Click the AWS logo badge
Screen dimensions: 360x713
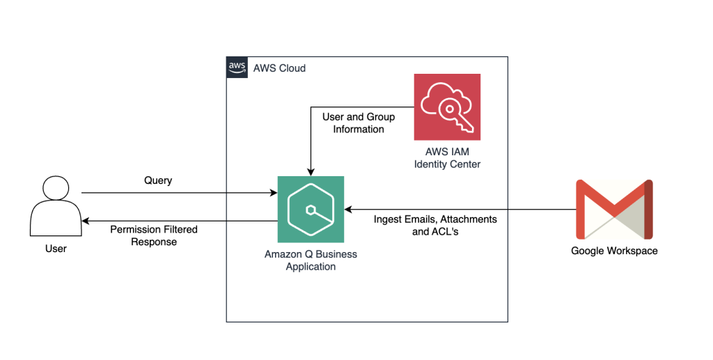coord(237,67)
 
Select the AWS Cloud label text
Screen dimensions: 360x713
coord(279,68)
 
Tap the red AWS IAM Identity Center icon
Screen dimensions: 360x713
coord(447,107)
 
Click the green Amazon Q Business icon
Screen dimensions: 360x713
coord(311,209)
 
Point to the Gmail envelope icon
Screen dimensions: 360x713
coord(614,209)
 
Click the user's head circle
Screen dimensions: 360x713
coord(56,189)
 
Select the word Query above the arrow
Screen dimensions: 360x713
coord(158,180)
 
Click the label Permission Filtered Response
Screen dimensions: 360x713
coord(154,235)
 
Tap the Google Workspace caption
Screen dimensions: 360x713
coord(614,251)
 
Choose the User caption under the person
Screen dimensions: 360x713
coord(56,248)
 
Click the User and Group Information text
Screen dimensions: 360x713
coord(358,123)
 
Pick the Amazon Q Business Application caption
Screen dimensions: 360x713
coord(311,260)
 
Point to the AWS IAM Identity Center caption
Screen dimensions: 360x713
coord(447,158)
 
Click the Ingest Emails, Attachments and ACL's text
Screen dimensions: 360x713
coord(435,225)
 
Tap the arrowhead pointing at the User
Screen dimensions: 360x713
coord(85,221)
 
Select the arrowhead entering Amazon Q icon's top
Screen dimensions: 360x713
coord(311,172)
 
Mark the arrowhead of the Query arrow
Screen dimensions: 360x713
coord(273,193)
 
